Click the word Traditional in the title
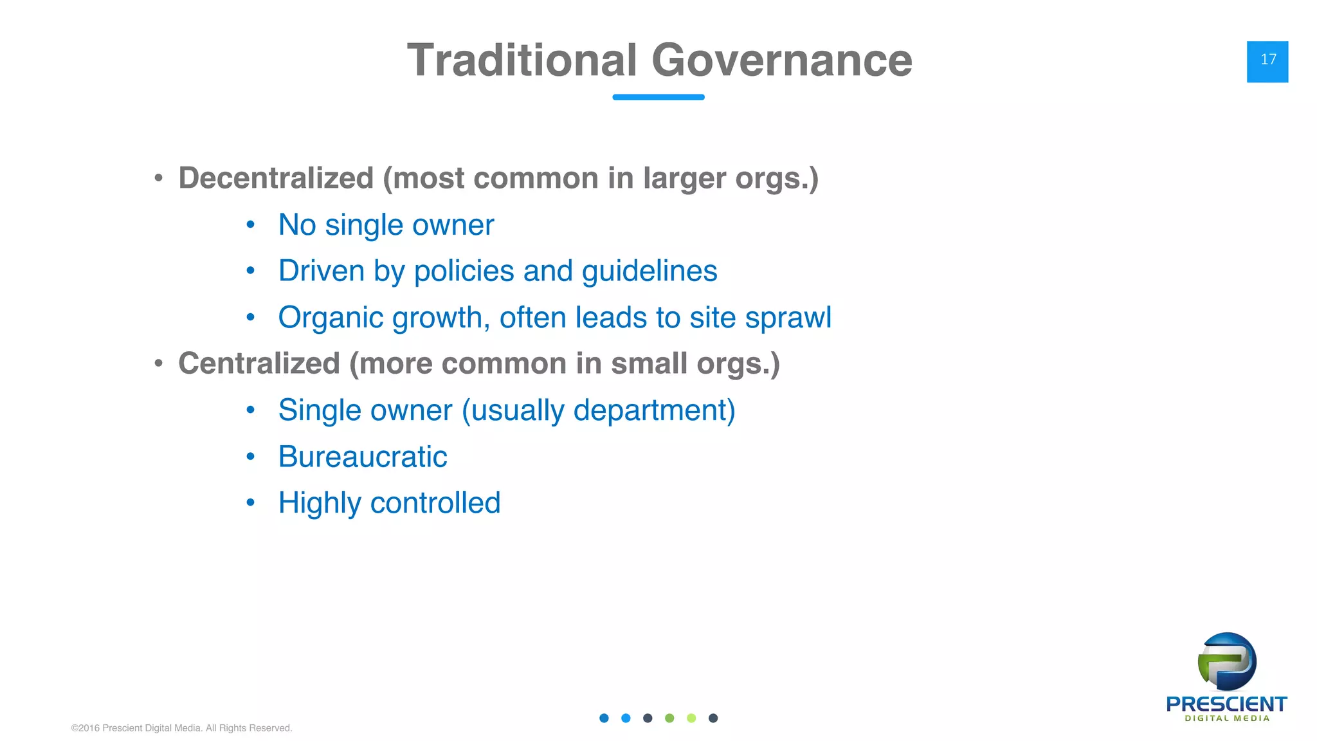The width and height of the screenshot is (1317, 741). coord(522,60)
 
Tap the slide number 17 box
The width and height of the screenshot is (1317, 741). coord(1267,62)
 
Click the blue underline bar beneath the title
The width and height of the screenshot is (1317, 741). coord(658,97)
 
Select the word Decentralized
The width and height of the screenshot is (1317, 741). coord(276,178)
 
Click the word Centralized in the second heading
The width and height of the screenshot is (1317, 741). coord(259,363)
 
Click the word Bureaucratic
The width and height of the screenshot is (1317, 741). coord(362,457)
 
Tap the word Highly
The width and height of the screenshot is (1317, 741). coord(319,504)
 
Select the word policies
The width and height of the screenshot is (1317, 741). coord(463,271)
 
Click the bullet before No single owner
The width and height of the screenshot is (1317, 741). coord(251,225)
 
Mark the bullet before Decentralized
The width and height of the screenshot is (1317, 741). coord(158,179)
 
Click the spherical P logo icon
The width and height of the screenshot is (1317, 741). coord(1226,662)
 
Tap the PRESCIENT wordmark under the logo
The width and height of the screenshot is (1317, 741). coord(1226,704)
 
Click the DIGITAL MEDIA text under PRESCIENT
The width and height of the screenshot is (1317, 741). coord(1227,718)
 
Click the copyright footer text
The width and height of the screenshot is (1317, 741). coord(181,728)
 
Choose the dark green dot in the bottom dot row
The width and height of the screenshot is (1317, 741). coord(669,718)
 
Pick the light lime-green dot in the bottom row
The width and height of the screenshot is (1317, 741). coord(691,718)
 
